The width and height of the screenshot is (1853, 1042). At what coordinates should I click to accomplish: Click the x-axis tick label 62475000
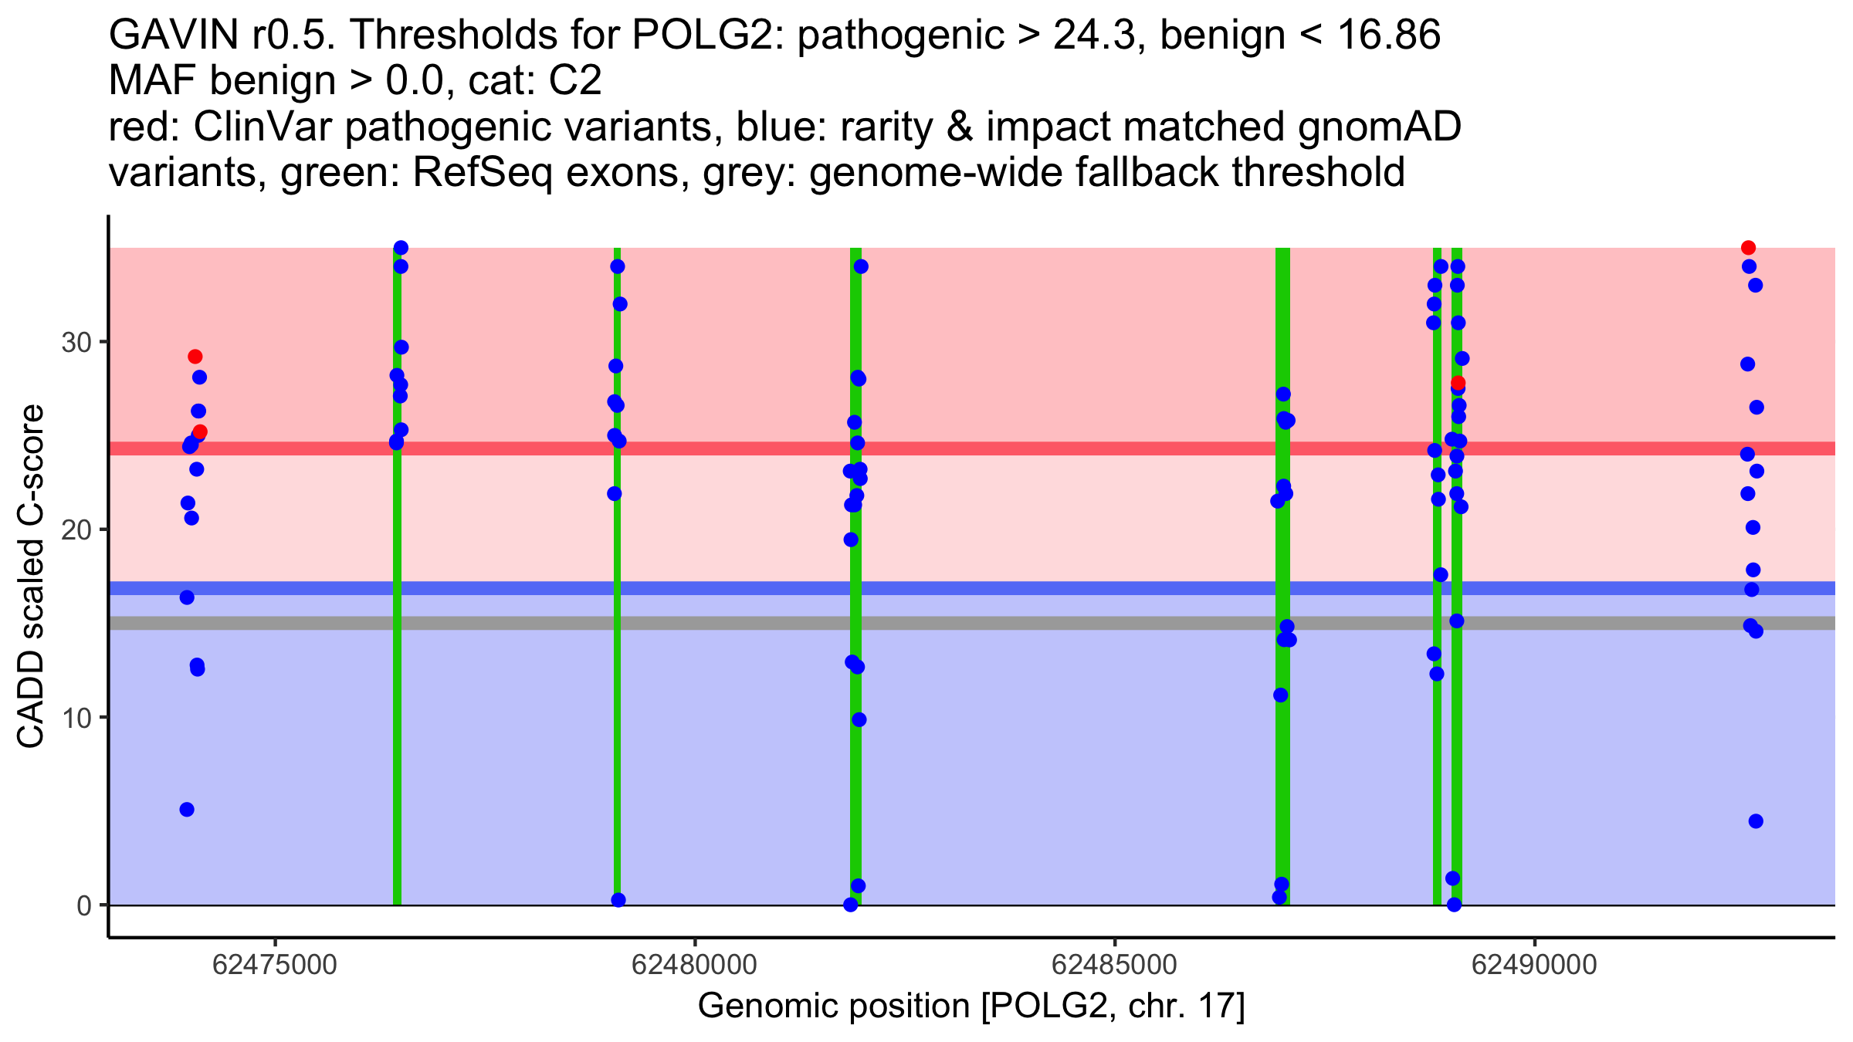coord(274,966)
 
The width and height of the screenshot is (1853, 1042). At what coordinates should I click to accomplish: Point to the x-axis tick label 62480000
coord(694,966)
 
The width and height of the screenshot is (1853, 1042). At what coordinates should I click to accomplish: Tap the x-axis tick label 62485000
coord(1114,966)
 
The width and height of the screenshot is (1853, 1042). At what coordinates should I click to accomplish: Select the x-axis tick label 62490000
coord(1534,966)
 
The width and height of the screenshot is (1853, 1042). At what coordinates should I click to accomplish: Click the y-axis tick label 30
coord(76,342)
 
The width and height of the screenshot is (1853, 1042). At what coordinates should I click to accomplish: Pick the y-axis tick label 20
coord(76,530)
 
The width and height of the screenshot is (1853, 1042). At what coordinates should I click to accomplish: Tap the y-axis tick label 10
coord(76,718)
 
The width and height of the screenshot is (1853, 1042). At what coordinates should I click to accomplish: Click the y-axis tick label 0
coord(84,905)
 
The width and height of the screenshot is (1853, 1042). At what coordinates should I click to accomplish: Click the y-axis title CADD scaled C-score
coord(31,577)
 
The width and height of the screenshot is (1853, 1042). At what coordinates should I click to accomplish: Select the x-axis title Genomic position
coord(971,1006)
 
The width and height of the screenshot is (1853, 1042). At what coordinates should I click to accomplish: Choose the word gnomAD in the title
coord(1379,127)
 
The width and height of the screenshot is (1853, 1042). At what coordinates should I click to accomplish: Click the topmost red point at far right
coord(1749,248)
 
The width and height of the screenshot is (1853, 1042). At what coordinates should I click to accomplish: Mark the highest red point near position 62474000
coord(195,357)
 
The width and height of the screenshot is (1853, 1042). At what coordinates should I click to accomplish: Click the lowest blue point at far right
coord(1756,821)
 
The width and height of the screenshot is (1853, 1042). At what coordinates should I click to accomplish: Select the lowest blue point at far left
coord(187,810)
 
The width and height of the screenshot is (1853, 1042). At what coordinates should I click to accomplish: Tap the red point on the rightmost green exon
coord(1458,383)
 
